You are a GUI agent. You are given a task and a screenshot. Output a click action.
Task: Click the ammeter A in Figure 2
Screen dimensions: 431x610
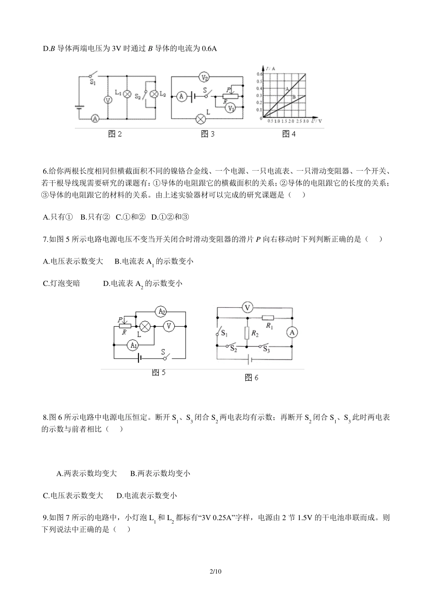pyautogui.click(x=95, y=118)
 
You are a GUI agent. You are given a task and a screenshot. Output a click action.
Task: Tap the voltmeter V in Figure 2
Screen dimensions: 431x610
pyautogui.click(x=108, y=100)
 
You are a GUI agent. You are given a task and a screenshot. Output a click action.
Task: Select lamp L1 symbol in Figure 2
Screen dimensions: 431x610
pyautogui.click(x=127, y=94)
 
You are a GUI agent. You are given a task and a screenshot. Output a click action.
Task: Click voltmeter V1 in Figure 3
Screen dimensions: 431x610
pyautogui.click(x=231, y=108)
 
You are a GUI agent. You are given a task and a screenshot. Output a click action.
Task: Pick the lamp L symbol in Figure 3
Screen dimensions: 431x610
pyautogui.click(x=201, y=119)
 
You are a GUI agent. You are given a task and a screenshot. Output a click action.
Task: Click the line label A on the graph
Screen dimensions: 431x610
pyautogui.click(x=287, y=89)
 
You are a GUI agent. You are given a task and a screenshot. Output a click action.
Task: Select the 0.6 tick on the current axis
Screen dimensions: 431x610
pyautogui.click(x=260, y=74)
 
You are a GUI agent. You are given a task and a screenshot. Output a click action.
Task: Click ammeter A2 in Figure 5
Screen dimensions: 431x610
pyautogui.click(x=161, y=311)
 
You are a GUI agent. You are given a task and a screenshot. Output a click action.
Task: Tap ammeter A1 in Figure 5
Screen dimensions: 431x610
pyautogui.click(x=133, y=345)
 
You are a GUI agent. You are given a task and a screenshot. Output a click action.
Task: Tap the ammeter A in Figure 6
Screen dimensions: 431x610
pyautogui.click(x=293, y=333)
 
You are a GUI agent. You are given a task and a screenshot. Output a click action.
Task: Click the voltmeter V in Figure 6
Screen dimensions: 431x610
pyautogui.click(x=247, y=308)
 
